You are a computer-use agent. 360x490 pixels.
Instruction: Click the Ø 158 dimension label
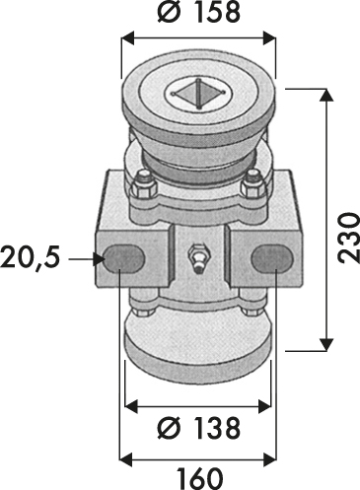(x=198, y=13)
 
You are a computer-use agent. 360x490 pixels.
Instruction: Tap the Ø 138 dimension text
(x=198, y=428)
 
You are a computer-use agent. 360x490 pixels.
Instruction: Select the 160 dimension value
(x=199, y=478)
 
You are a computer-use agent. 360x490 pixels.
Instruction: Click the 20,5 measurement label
(x=31, y=257)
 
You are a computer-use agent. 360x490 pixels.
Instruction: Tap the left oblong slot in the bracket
(x=123, y=259)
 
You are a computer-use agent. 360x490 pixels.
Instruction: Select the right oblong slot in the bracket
(x=272, y=259)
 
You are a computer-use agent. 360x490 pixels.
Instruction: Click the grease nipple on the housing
(x=197, y=257)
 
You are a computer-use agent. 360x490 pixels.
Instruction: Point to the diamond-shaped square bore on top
(x=198, y=94)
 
